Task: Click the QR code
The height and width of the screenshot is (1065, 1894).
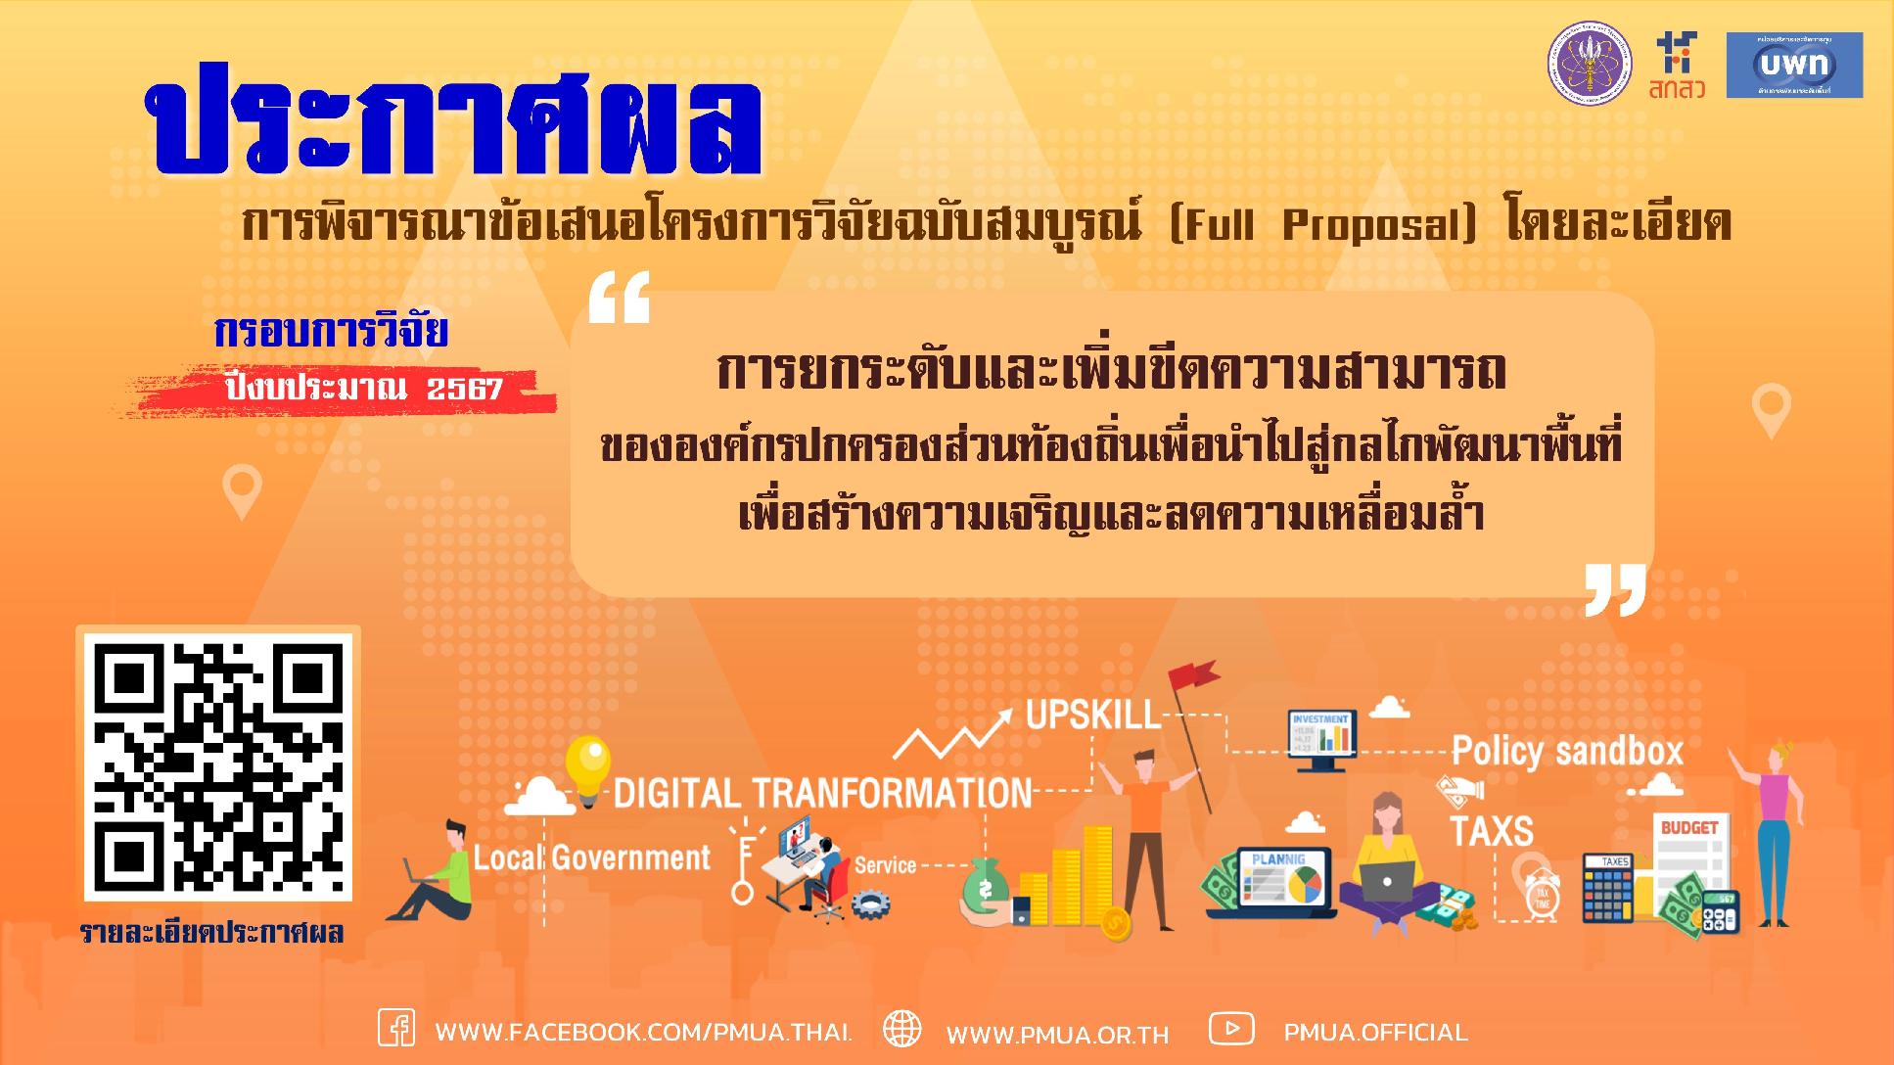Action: click(x=217, y=764)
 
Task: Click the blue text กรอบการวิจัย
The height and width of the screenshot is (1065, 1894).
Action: click(x=331, y=333)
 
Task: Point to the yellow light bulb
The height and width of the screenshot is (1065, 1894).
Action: click(x=587, y=765)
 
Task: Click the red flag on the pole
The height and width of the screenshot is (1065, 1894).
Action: click(x=1192, y=675)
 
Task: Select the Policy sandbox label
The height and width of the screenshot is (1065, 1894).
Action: click(x=1566, y=752)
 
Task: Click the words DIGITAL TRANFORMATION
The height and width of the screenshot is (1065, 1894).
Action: click(x=822, y=793)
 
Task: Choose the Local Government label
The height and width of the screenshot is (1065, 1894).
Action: click(x=592, y=858)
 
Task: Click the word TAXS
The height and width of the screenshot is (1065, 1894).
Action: click(x=1491, y=831)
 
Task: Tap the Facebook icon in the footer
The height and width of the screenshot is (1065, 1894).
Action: click(x=396, y=1030)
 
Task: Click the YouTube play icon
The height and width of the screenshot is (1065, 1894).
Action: click(x=1231, y=1029)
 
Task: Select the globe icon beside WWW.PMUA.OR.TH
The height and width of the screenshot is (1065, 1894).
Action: click(x=901, y=1030)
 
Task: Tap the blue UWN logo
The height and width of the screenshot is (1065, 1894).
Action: click(x=1793, y=65)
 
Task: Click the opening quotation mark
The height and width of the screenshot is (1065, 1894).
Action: click(x=619, y=300)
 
